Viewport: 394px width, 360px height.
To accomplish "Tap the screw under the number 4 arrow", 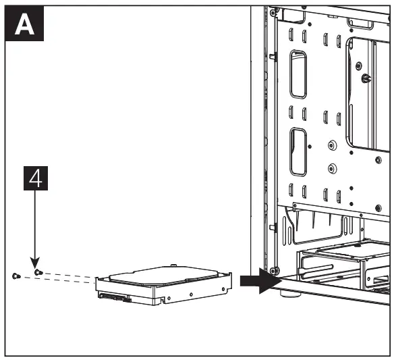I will (x=38, y=272).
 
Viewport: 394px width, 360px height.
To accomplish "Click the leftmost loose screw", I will (x=16, y=276).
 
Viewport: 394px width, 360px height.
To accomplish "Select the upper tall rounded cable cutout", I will (x=298, y=75).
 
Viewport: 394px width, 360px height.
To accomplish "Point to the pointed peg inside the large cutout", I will (x=365, y=78).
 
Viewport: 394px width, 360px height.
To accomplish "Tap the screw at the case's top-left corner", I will (x=273, y=11).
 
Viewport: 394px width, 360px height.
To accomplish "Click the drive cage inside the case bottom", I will (x=344, y=267).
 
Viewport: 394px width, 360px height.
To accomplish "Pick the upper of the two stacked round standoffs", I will (x=331, y=145).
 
